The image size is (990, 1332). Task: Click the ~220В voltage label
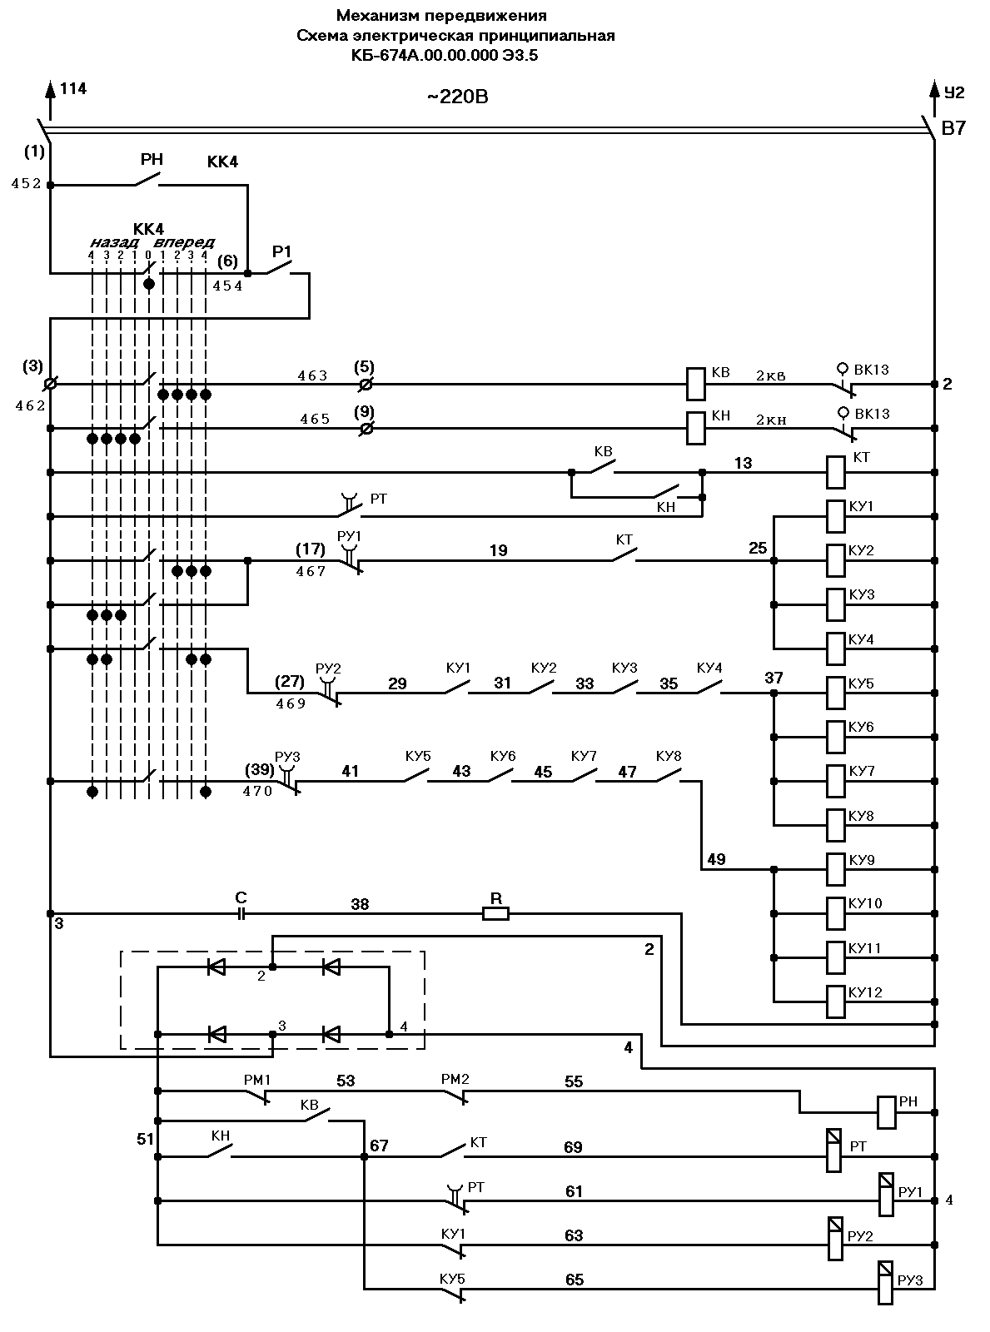coord(458,97)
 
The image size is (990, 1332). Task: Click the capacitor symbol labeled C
coord(241,914)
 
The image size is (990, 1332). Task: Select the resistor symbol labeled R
coord(495,914)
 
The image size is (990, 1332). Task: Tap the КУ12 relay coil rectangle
coord(836,1001)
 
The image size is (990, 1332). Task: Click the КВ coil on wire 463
coord(695,384)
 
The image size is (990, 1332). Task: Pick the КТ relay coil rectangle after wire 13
coord(836,473)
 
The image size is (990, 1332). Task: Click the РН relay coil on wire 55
coord(887,1112)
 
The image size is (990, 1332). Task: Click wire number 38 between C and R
coord(360,904)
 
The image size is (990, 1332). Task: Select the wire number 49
coord(716,859)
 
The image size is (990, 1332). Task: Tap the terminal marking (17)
coord(310,549)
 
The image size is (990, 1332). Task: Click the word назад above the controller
coord(114,242)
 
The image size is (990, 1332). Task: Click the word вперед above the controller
coord(184,242)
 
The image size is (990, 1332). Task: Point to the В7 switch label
coord(953,128)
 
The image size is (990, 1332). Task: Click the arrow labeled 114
coord(50,101)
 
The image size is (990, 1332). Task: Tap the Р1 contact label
coord(281,251)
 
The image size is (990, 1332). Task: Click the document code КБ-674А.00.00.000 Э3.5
coord(445,56)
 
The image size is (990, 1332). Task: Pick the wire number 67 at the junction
coord(379,1146)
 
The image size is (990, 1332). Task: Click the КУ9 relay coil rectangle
coord(836,869)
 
